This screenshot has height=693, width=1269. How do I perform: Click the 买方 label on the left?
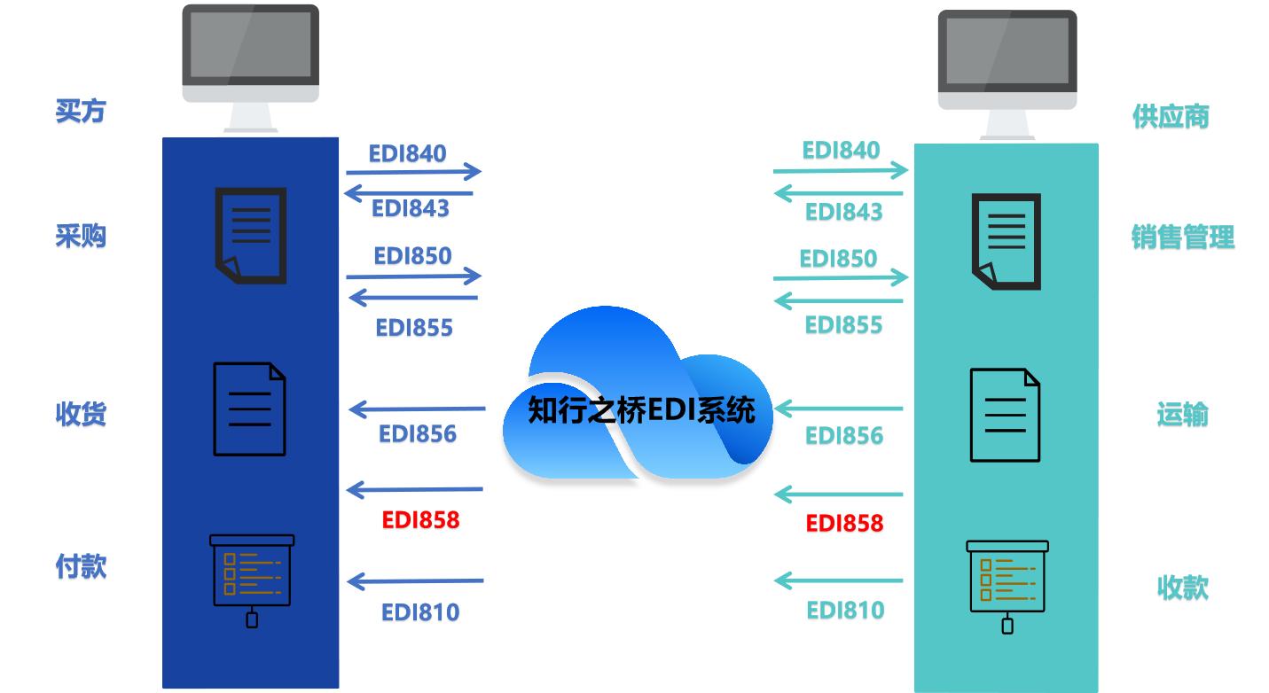(80, 112)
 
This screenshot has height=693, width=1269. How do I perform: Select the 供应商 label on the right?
(1170, 117)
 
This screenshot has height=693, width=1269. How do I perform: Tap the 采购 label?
(80, 237)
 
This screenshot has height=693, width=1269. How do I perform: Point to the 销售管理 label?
(1182, 237)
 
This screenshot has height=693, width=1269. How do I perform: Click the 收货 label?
(80, 414)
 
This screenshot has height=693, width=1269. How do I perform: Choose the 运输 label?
(1182, 414)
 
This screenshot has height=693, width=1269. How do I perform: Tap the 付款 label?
(80, 566)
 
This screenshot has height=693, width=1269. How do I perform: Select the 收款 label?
(1182, 587)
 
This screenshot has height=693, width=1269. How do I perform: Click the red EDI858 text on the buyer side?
(420, 520)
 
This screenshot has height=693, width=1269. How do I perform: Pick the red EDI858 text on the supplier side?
(844, 524)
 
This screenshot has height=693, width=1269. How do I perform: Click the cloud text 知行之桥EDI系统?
(641, 410)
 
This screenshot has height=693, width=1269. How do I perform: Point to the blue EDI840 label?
(408, 153)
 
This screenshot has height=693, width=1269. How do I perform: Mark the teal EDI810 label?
(844, 611)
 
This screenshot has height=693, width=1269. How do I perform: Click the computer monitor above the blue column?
(250, 55)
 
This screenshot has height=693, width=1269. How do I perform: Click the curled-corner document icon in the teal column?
(1006, 241)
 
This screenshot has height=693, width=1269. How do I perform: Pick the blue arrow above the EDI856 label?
(418, 409)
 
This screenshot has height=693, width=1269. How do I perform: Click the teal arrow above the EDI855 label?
(839, 301)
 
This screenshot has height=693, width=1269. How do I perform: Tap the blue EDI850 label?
(412, 256)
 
